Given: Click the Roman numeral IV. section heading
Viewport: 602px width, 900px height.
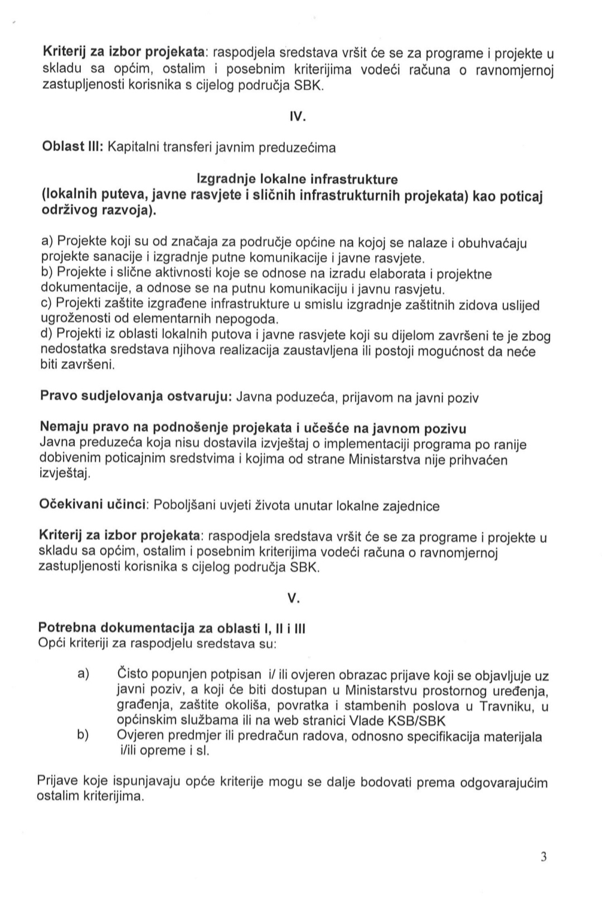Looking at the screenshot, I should (x=295, y=118).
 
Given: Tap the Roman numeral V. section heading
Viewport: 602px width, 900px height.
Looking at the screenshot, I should (x=294, y=598).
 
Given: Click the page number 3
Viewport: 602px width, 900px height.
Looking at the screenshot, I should (x=543, y=857).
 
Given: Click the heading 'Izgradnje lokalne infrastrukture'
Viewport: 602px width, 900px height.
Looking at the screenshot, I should (x=298, y=179).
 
